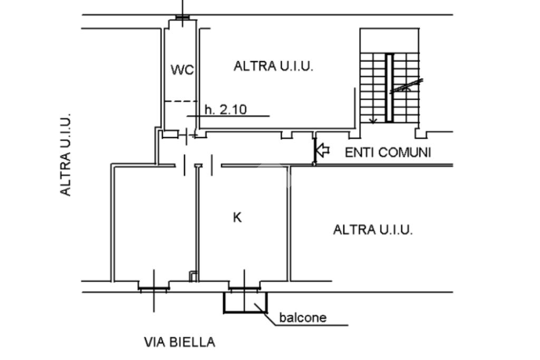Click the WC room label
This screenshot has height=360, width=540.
[x=182, y=70]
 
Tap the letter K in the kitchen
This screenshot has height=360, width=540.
[x=237, y=218]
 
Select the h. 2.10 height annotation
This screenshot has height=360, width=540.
[x=226, y=110]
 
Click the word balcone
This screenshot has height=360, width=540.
[x=303, y=317]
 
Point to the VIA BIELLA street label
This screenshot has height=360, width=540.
[x=179, y=342]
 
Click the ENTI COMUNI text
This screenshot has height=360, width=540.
[x=388, y=152]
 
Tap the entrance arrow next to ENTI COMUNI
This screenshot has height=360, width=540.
[x=323, y=150]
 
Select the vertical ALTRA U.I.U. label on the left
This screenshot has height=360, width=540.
[x=65, y=155]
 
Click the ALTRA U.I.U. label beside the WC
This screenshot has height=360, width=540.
[x=274, y=66]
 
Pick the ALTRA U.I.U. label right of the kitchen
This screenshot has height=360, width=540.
[x=373, y=230]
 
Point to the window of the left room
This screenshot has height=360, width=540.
[x=153, y=288]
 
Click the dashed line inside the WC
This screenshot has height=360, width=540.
[x=180, y=101]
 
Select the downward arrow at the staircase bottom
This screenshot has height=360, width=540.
[x=373, y=120]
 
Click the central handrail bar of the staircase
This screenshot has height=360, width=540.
[x=389, y=88]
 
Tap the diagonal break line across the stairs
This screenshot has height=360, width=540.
[x=407, y=86]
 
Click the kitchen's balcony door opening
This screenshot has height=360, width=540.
[x=245, y=288]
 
